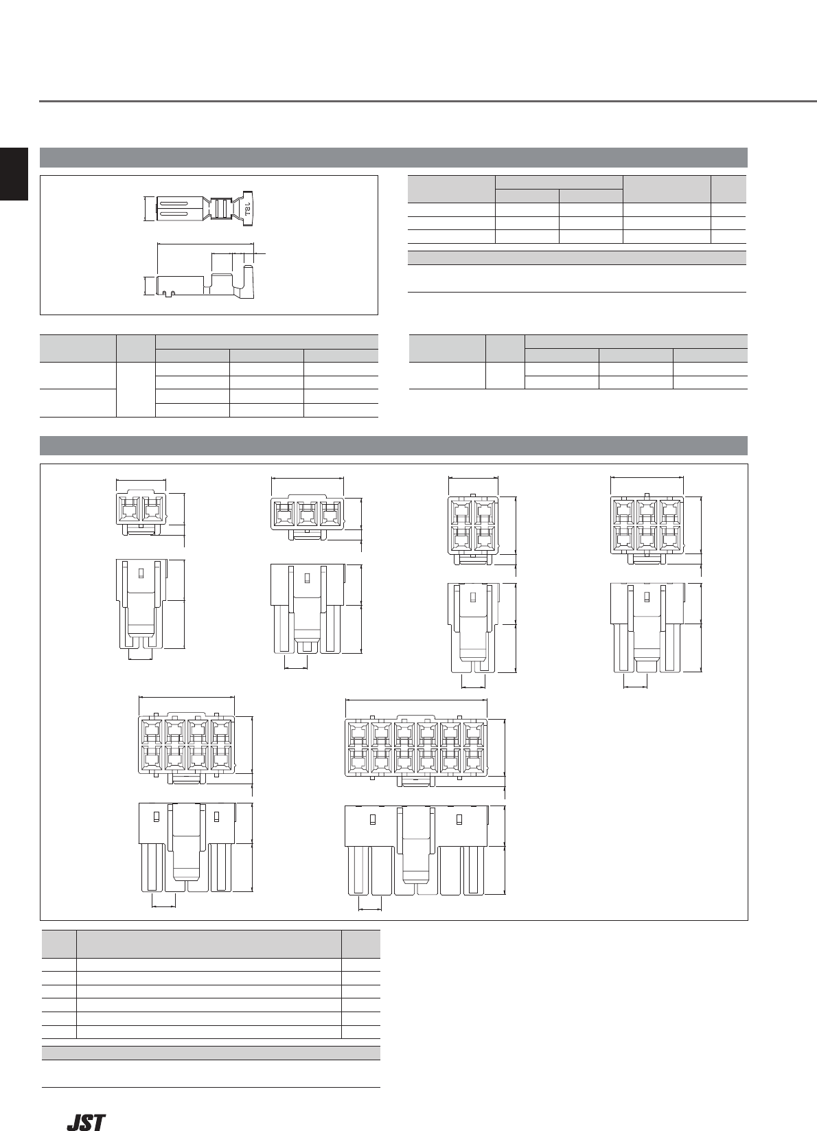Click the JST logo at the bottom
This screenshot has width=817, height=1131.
[x=87, y=1122]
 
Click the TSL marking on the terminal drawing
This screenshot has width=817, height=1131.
[x=247, y=209]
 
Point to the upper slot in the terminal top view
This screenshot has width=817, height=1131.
[x=174, y=204]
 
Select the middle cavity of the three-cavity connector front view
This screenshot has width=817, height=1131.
[x=307, y=514]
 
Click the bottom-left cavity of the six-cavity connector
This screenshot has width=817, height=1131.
[x=623, y=538]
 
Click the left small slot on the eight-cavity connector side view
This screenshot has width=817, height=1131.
[x=156, y=816]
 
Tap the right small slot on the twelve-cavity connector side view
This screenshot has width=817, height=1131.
[x=459, y=819]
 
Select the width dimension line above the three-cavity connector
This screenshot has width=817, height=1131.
[x=307, y=478]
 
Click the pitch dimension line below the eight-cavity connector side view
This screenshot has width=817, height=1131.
[x=163, y=907]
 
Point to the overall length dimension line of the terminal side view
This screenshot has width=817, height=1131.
[x=205, y=244]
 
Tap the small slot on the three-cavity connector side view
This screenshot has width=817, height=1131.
[x=306, y=577]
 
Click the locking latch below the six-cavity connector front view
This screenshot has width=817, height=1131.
[x=646, y=559]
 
